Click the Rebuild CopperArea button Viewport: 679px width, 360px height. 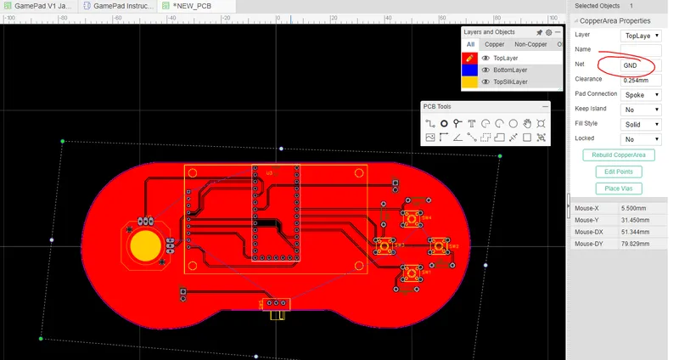coord(619,155)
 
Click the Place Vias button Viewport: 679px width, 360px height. coord(619,188)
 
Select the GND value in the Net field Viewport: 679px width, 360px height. coord(630,65)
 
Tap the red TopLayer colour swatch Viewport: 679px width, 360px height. coord(469,58)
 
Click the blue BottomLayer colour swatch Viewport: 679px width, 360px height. coord(469,70)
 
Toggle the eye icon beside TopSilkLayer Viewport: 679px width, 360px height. coord(486,82)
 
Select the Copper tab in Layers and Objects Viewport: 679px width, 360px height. coord(494,44)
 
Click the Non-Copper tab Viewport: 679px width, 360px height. coord(530,44)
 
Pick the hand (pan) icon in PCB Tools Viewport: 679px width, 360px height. coord(527,123)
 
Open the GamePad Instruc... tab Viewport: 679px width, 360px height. coord(120,6)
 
